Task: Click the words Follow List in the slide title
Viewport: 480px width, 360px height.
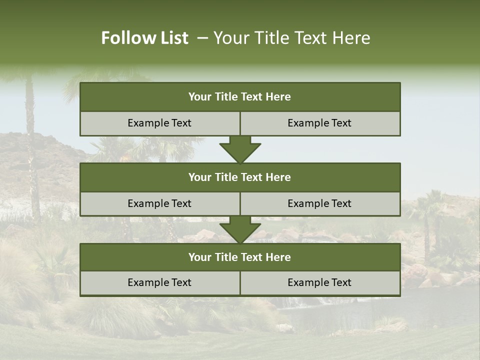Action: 144,38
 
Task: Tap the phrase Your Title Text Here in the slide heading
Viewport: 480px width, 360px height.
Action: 291,38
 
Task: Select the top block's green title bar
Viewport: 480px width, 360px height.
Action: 240,97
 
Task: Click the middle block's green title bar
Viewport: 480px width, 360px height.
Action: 240,177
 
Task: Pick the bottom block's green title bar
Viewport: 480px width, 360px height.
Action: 240,257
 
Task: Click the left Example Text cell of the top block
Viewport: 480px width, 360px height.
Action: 159,123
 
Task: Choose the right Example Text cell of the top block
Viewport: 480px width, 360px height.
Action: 320,123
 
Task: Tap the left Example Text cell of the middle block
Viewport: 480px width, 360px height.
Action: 159,203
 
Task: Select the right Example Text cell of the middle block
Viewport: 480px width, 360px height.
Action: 320,203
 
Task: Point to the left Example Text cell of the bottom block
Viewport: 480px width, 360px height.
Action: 159,282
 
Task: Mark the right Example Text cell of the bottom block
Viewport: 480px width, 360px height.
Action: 320,282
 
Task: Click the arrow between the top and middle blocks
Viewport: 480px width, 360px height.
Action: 240,149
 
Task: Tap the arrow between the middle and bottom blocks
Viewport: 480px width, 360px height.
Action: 240,229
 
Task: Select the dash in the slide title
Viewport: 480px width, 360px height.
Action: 202,38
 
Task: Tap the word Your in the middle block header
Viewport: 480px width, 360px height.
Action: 199,177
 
